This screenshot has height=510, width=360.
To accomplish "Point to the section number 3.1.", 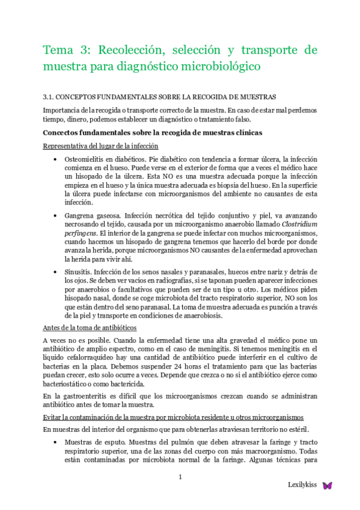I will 50,96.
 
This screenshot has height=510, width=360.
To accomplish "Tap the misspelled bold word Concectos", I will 64,133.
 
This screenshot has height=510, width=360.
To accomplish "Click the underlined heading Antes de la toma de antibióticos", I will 90,327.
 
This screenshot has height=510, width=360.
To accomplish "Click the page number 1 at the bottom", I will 180,478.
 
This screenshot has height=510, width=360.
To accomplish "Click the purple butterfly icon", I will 328,485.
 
